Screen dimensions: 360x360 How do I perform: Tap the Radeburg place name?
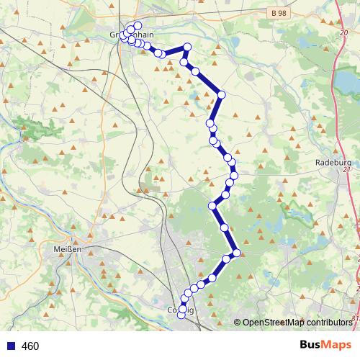pos(332,163)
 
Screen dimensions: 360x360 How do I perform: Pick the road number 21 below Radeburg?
pos(346,171)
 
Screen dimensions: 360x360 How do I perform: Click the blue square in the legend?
pos(10,346)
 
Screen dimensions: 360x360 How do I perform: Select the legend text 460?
pos(30,346)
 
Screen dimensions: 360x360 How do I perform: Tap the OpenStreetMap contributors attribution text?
pos(297,322)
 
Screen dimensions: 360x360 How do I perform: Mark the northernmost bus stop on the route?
pos(138,26)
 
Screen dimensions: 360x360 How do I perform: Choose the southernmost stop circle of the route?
pos(181,315)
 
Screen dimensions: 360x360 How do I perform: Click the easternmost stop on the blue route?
pos(236,252)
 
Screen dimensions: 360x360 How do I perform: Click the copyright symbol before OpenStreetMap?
pos(238,322)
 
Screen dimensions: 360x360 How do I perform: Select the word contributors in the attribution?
pos(328,322)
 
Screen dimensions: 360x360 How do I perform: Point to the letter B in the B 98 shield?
pos(275,14)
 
